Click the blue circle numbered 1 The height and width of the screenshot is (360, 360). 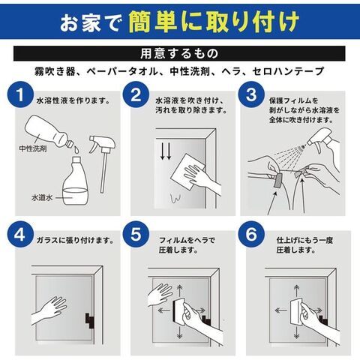20,94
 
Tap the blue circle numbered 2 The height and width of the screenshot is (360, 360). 136,94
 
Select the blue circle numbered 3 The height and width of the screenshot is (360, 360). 251,94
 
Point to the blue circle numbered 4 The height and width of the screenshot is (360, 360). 20,235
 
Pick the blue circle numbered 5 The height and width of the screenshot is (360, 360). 136,235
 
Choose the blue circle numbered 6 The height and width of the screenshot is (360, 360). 251,235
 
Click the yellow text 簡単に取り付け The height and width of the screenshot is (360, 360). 214,22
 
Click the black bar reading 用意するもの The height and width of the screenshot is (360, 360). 179,53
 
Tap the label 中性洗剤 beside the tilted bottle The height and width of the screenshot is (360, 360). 33,148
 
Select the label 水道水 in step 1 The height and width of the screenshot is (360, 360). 42,197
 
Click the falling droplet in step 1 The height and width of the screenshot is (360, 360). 76,149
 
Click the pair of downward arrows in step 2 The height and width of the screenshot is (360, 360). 166,151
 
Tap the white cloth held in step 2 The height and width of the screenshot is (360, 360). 187,172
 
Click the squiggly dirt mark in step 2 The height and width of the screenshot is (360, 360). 175,197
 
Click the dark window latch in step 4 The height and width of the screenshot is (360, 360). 89,320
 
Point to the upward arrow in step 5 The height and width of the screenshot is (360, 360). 180,291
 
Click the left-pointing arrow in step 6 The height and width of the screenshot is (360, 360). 280,310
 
